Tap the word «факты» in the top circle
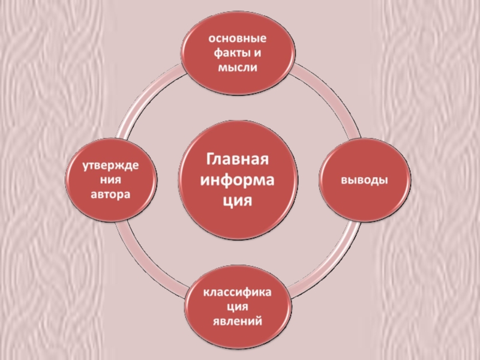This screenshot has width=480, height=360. pyautogui.click(x=230, y=53)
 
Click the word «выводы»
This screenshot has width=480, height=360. pyautogui.click(x=364, y=180)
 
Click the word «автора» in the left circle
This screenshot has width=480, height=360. pyautogui.click(x=112, y=195)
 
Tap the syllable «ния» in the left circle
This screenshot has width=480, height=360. pyautogui.click(x=112, y=180)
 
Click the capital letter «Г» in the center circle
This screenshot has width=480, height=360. pyautogui.click(x=211, y=160)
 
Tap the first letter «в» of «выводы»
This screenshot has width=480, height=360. pyautogui.click(x=345, y=180)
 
